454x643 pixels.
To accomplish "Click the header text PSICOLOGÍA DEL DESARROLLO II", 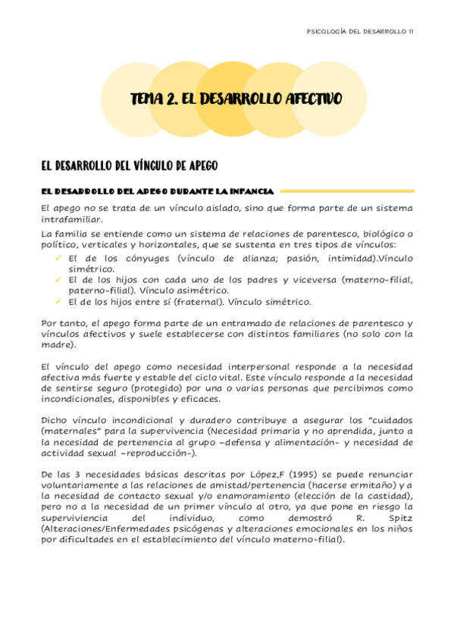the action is (359, 31).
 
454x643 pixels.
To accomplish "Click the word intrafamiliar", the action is (70, 219).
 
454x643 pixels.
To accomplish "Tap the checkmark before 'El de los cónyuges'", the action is (58, 258).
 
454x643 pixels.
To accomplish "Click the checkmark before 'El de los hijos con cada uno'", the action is (58, 280).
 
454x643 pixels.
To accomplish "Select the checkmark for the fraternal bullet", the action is (58, 301).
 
